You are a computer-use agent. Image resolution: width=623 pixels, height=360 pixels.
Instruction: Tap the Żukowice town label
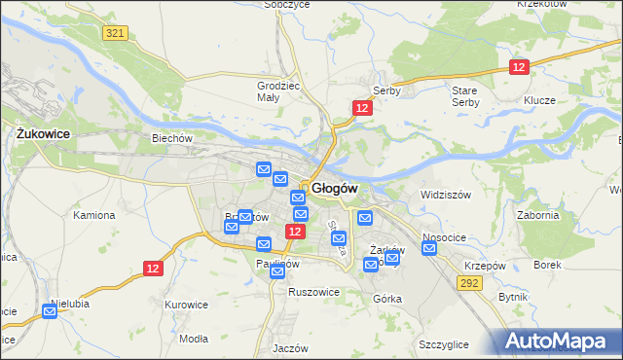[40, 134]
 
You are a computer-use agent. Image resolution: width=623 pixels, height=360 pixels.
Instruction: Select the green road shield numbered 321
[115, 33]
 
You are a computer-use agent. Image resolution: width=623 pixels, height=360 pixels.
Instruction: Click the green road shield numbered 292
[470, 283]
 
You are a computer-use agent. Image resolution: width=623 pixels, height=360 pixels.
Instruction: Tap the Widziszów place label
[445, 195]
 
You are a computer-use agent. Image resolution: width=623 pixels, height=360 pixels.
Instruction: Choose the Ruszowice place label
[312, 291]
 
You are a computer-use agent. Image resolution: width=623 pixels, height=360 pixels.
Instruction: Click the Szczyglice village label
[444, 344]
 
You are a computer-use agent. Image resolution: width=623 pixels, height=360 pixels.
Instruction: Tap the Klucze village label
[538, 101]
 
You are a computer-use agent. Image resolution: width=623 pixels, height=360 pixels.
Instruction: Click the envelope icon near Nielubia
[50, 312]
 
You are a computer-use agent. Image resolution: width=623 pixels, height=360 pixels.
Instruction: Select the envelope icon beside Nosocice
[430, 248]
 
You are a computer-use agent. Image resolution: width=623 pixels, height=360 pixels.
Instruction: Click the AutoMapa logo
[556, 342]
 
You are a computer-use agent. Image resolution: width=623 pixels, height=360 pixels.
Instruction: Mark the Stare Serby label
[465, 96]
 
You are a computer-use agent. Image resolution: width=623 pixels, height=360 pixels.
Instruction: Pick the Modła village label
[194, 339]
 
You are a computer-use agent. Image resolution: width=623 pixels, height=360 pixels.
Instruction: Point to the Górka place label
[386, 299]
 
